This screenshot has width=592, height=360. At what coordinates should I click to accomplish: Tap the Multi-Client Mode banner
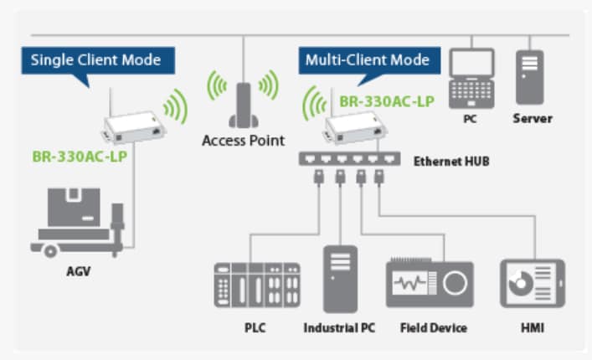coord(367,60)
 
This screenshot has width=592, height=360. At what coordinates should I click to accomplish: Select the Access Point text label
coord(243,140)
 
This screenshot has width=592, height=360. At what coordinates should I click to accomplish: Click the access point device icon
coord(243,104)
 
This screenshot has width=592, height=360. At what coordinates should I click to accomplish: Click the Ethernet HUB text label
coord(451,160)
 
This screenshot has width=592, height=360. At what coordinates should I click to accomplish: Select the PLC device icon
coord(256,285)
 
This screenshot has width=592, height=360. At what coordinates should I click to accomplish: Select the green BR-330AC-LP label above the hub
coord(386,102)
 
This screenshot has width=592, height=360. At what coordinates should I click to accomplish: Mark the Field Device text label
coord(433,327)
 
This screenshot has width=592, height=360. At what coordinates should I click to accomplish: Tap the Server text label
coord(533,118)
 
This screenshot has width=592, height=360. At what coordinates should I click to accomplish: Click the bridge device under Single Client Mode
coord(134,126)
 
